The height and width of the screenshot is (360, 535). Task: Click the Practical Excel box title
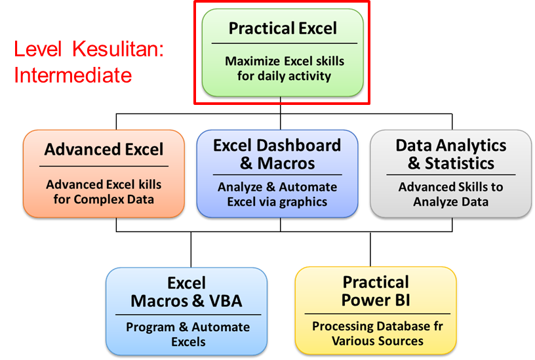point(283,28)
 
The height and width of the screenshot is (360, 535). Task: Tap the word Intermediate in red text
point(73,75)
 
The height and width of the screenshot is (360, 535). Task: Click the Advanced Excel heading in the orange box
point(104,150)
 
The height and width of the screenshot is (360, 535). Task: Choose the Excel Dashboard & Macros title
point(277,154)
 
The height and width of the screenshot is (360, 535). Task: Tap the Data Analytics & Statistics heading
point(450,154)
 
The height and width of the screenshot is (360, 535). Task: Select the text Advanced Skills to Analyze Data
point(450,194)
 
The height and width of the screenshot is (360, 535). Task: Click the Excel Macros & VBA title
point(186,292)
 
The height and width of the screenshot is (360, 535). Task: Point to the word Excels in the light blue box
point(188,341)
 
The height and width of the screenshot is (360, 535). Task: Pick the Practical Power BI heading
point(376,292)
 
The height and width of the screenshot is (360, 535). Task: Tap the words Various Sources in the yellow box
point(377,341)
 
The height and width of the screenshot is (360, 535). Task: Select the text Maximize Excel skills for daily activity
point(284,68)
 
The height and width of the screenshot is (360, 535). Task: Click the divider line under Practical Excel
point(284,43)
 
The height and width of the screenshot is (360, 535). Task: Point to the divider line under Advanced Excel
point(104,167)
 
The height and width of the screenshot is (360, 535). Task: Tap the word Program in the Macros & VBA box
point(149,327)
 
